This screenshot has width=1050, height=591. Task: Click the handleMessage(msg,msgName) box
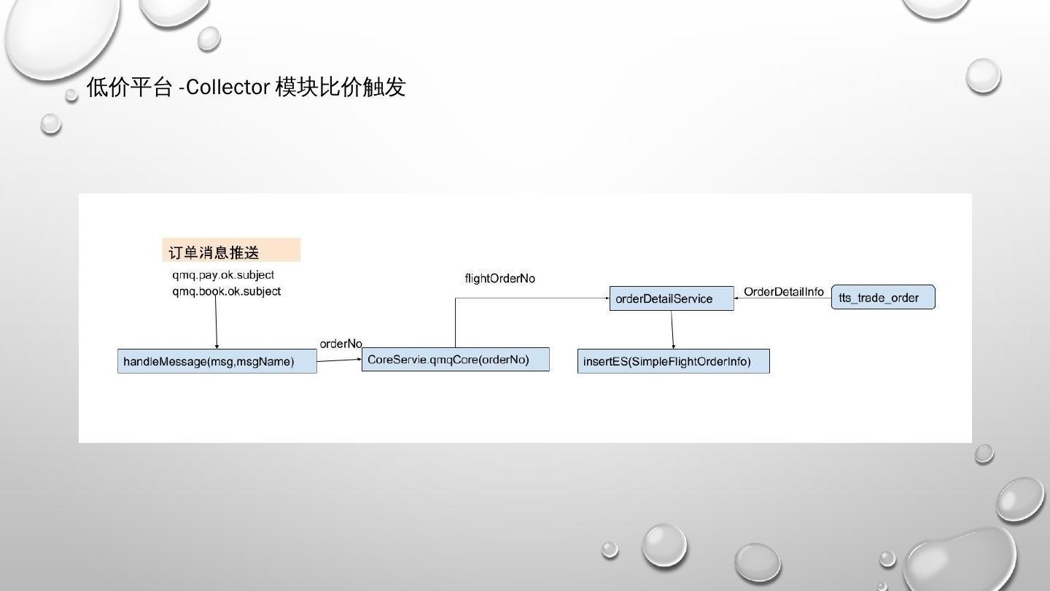(217, 361)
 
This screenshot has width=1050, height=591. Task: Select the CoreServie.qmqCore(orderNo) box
(455, 360)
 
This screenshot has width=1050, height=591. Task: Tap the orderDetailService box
(672, 298)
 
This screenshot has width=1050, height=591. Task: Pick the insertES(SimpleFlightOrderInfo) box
(673, 361)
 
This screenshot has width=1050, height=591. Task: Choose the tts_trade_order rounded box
(883, 298)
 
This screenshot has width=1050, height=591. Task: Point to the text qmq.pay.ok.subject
(223, 275)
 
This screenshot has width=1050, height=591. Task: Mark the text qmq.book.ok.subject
(226, 291)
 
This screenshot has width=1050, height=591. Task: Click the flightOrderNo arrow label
(499, 279)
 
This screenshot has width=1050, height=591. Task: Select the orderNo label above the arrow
(341, 344)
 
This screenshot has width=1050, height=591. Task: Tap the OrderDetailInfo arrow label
(783, 292)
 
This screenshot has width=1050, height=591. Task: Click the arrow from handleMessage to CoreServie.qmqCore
(339, 360)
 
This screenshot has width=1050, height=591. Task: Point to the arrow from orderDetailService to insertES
(672, 330)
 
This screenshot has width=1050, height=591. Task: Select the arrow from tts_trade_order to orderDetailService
(782, 298)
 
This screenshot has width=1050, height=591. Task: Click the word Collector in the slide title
(228, 88)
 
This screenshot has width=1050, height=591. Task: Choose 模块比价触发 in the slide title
(340, 88)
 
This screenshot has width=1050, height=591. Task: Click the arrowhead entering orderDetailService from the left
(606, 298)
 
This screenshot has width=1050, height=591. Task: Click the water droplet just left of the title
(71, 94)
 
